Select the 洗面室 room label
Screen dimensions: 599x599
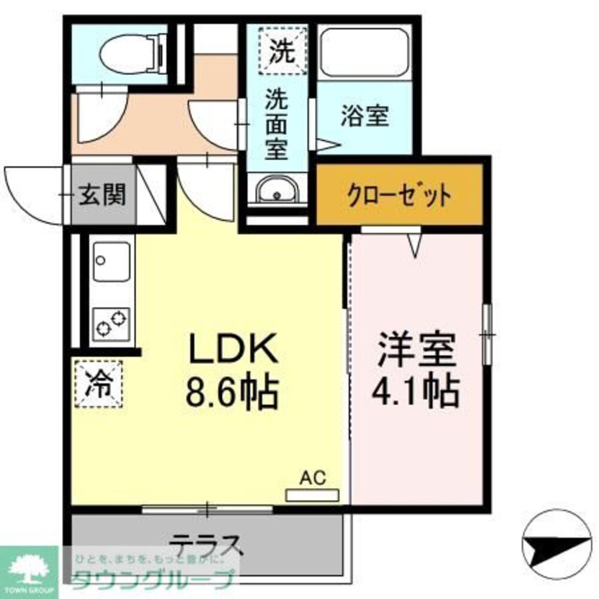[x=277, y=125]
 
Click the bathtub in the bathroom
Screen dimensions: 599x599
[x=364, y=54]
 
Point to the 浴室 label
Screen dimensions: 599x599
[x=365, y=116]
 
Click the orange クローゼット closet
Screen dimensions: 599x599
[x=399, y=195]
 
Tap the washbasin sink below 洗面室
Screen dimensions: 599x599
[x=277, y=192]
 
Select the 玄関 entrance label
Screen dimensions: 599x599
[x=103, y=195]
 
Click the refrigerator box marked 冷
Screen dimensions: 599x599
[x=98, y=384]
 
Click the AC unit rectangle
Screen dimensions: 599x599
[x=312, y=495]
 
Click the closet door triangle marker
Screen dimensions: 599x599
[x=415, y=244]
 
